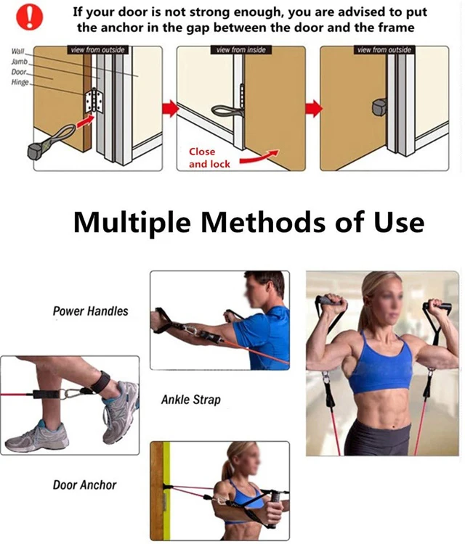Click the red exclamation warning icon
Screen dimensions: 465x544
30,17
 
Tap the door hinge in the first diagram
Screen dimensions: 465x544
94,101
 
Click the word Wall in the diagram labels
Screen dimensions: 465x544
17,51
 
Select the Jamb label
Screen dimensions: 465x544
19,62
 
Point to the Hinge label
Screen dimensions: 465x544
20,82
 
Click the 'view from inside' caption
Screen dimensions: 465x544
240,50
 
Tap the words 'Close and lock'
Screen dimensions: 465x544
209,158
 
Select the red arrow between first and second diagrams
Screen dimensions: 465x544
170,108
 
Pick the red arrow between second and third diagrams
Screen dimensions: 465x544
314,108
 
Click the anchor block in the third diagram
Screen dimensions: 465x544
379,107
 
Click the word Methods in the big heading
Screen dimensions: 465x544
263,223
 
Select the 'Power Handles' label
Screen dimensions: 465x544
90,311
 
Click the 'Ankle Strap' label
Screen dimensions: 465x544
191,400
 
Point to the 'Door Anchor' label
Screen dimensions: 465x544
84,485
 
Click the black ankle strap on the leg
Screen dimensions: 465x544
101,382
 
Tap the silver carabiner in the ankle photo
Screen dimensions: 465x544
72,394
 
